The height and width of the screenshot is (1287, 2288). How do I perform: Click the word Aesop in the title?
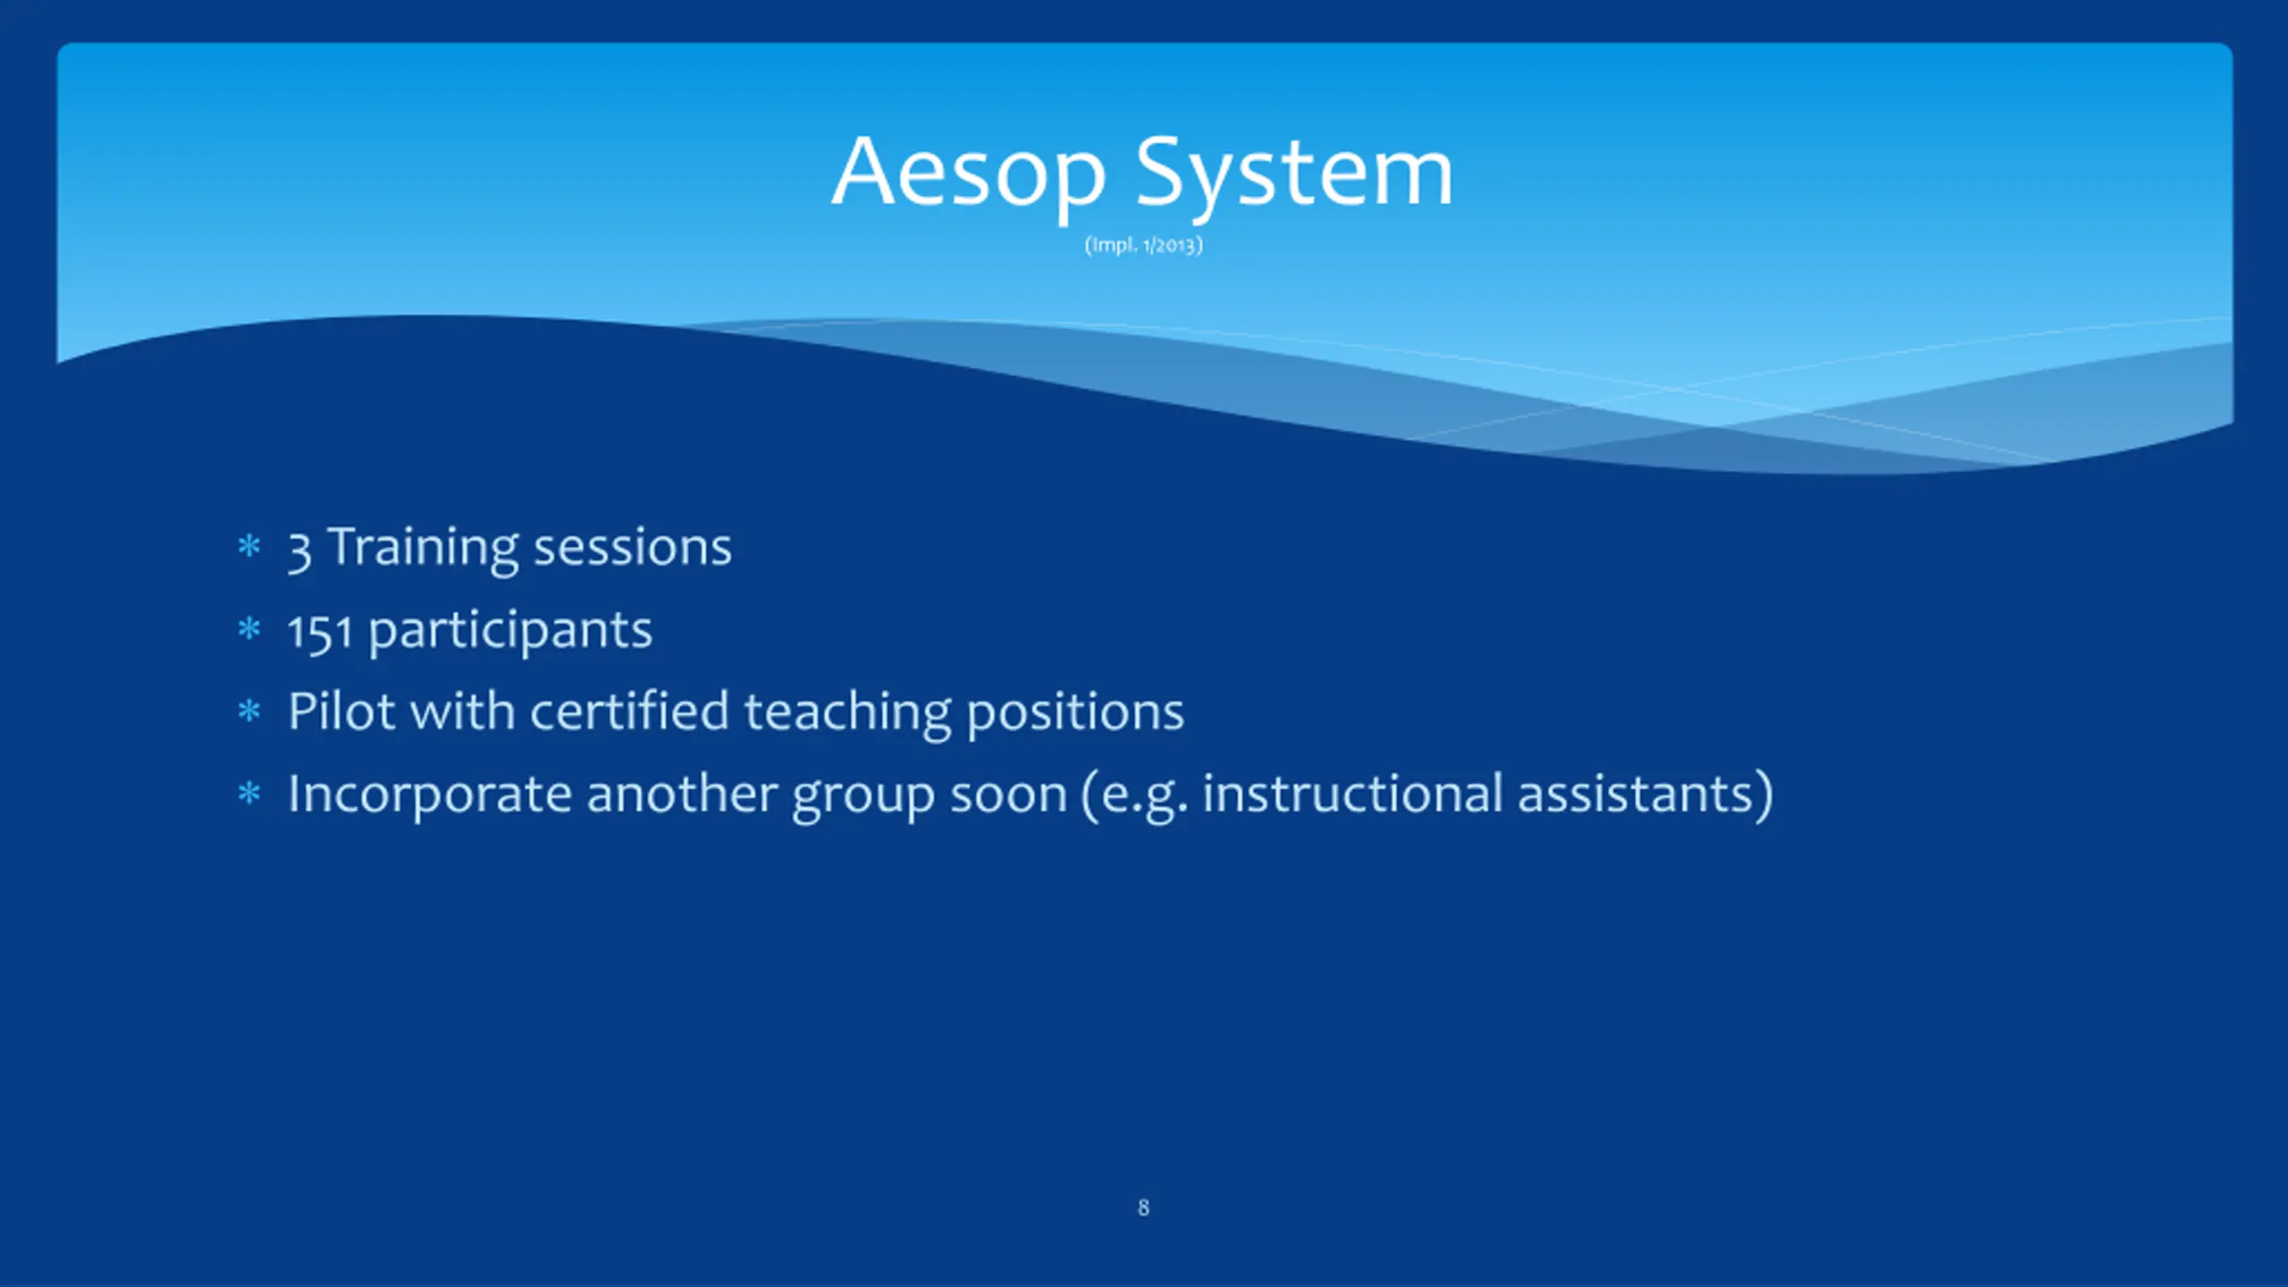point(969,174)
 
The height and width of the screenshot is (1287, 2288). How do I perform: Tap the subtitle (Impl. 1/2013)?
point(1144,245)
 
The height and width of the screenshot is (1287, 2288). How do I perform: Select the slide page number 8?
point(1143,1207)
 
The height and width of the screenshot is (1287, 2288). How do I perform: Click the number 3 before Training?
point(299,551)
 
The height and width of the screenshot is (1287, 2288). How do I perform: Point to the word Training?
point(423,548)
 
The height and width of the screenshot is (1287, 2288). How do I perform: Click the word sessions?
point(633,548)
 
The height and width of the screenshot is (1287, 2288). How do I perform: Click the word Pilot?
point(341,712)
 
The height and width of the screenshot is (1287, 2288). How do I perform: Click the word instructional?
point(1353,794)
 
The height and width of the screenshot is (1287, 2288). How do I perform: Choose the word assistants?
point(1636,795)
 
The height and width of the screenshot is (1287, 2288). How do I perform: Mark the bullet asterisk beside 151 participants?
point(249,629)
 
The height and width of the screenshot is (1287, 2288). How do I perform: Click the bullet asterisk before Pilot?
point(249,711)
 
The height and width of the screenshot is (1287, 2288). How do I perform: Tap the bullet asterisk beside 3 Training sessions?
point(249,545)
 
